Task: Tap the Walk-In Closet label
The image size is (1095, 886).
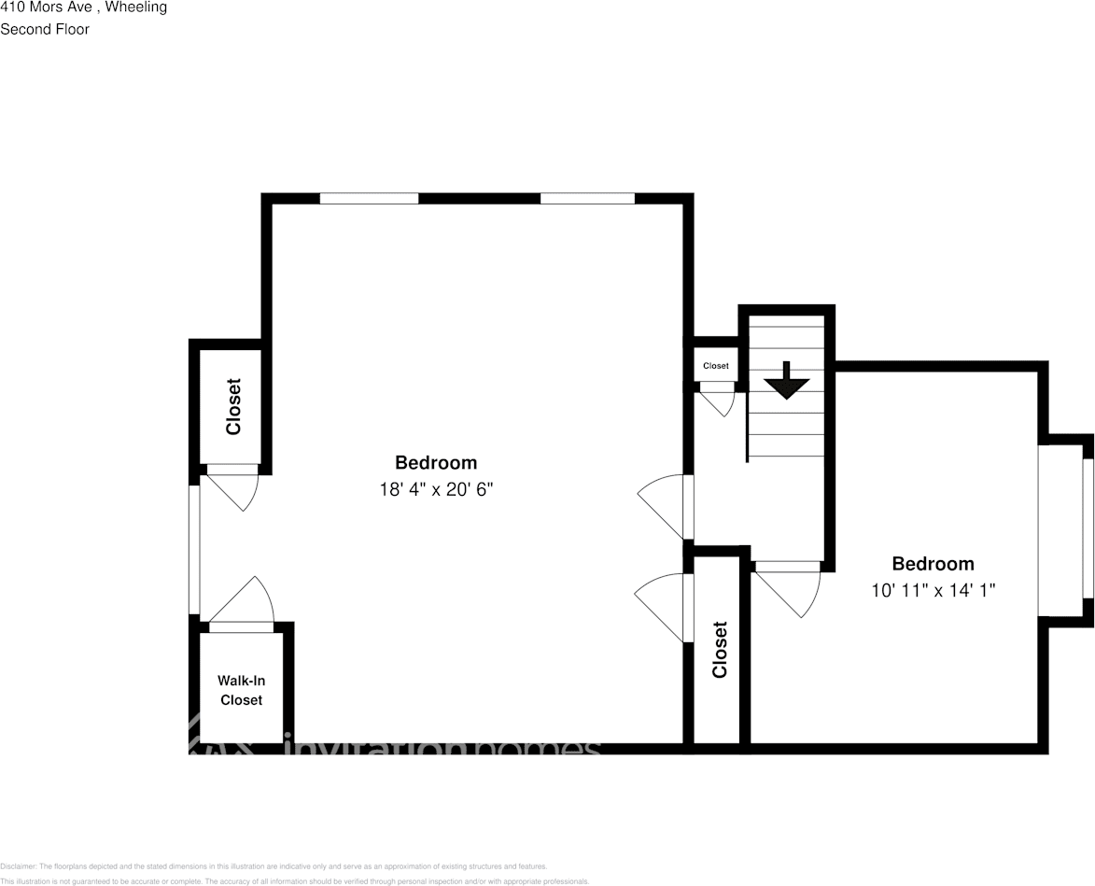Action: (x=241, y=691)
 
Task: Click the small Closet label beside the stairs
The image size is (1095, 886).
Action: (x=716, y=366)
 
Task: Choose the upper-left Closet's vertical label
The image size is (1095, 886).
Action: (x=233, y=406)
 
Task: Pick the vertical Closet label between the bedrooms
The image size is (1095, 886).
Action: (x=720, y=650)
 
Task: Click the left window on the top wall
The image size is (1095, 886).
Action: (x=369, y=198)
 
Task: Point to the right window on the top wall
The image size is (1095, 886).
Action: (x=587, y=198)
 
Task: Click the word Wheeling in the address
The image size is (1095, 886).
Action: (x=135, y=7)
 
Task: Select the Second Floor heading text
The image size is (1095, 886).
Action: (x=45, y=29)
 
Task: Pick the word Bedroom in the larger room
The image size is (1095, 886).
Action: (x=436, y=462)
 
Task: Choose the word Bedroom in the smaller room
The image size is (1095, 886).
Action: (x=933, y=564)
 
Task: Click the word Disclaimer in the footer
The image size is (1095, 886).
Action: (x=18, y=866)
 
